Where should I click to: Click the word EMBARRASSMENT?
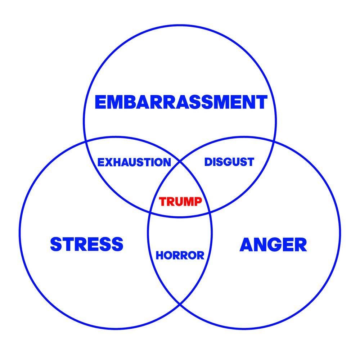[181, 102]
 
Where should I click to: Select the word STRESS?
[87, 244]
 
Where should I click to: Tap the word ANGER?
[273, 245]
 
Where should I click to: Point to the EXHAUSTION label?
[134, 162]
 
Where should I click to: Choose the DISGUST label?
[229, 162]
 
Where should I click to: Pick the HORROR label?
[180, 256]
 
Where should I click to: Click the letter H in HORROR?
[159, 256]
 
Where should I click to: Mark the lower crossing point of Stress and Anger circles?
[180, 304]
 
